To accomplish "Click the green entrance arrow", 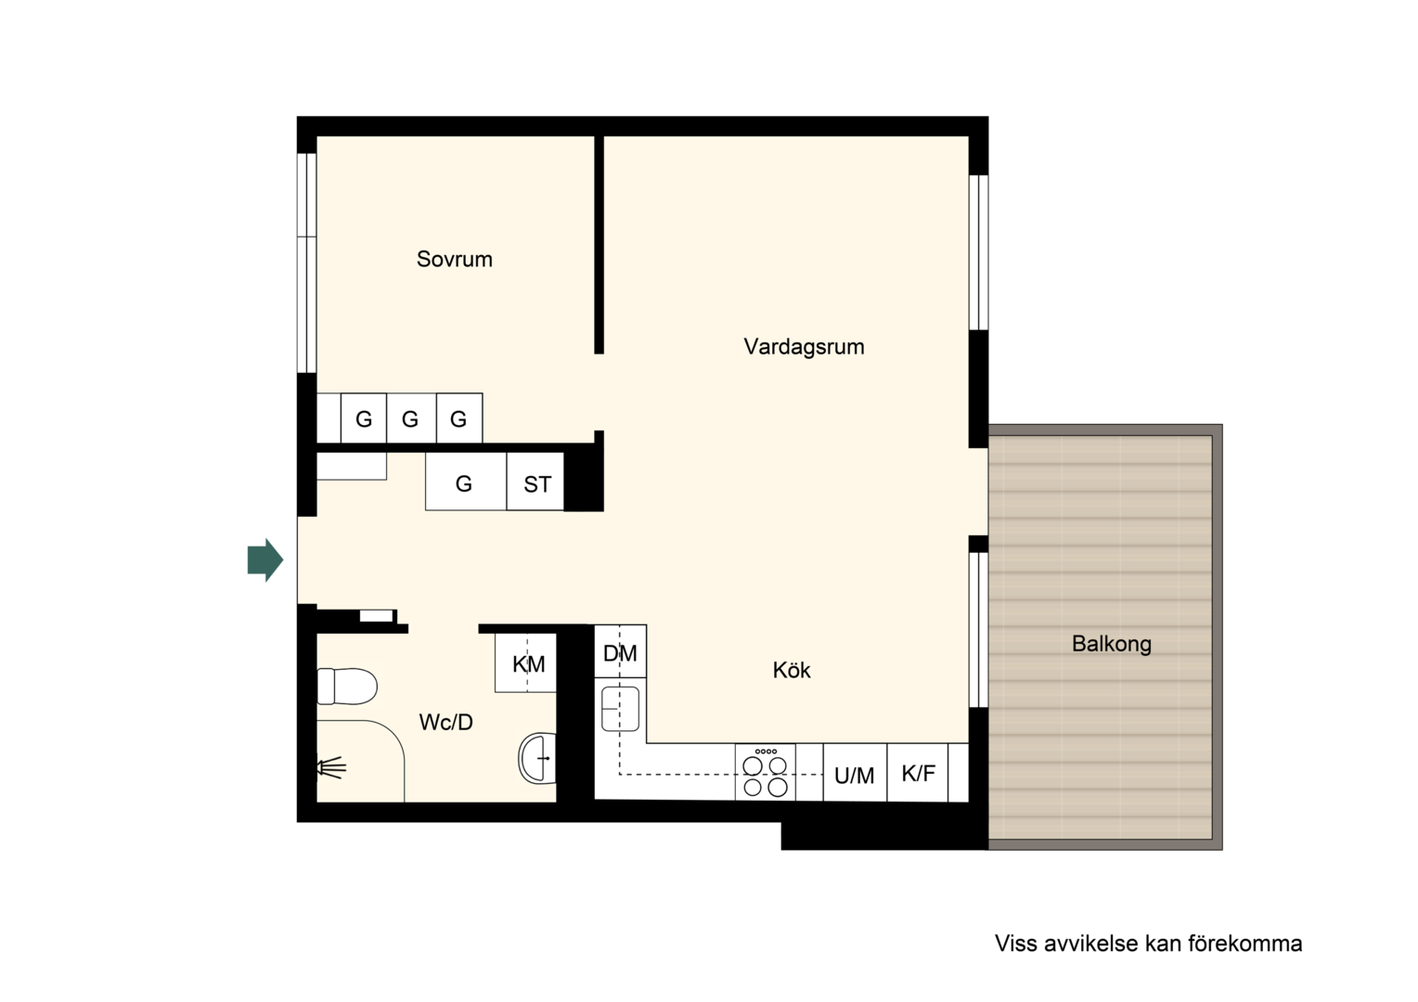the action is (x=265, y=560).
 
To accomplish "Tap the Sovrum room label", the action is (x=455, y=259).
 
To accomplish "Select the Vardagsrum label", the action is (x=804, y=347).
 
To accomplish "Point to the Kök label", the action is (x=792, y=670).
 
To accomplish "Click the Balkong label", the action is (x=1112, y=645).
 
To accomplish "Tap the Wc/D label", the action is (x=445, y=722).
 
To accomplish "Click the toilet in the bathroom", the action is (x=347, y=687).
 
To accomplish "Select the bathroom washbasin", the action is (x=537, y=758).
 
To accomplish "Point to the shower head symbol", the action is (x=331, y=768).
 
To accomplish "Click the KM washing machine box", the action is (x=525, y=662).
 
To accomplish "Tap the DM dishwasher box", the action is (x=620, y=651).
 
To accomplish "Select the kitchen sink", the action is (x=620, y=709).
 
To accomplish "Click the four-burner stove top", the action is (x=766, y=773).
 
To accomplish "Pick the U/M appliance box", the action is (x=855, y=773).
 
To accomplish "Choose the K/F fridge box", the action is (x=918, y=773).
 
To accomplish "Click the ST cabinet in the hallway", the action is (x=535, y=482).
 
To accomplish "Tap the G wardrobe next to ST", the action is (x=466, y=482).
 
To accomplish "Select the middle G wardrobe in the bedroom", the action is (x=411, y=418).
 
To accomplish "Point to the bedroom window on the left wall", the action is (x=307, y=263).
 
